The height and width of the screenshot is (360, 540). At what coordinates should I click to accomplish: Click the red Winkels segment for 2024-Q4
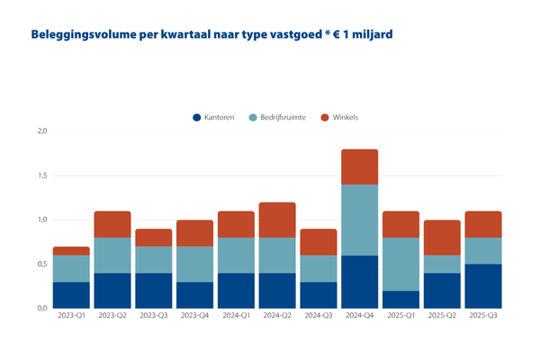(360, 166)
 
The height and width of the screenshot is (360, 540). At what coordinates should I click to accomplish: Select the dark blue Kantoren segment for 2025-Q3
(483, 286)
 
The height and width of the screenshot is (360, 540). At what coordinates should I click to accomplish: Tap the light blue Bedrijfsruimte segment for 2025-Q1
(400, 264)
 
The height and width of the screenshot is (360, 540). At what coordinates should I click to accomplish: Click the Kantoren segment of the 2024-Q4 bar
(360, 282)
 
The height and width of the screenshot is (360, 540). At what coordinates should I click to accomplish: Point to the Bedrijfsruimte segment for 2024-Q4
(360, 220)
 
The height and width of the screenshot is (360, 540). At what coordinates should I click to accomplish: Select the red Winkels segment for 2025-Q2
(442, 238)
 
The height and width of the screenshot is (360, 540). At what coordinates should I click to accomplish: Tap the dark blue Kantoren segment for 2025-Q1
(400, 299)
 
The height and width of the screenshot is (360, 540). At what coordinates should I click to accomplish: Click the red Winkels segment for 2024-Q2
(278, 220)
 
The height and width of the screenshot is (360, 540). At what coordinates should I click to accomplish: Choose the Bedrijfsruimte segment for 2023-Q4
(195, 264)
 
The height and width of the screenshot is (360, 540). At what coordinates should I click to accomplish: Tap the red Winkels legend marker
(326, 117)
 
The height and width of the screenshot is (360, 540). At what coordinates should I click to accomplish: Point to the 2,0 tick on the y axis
(40, 132)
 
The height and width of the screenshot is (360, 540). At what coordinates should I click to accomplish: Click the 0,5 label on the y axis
(40, 264)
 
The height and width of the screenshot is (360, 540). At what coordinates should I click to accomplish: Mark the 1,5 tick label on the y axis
(40, 176)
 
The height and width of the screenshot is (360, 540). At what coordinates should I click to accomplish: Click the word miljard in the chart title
(370, 34)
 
